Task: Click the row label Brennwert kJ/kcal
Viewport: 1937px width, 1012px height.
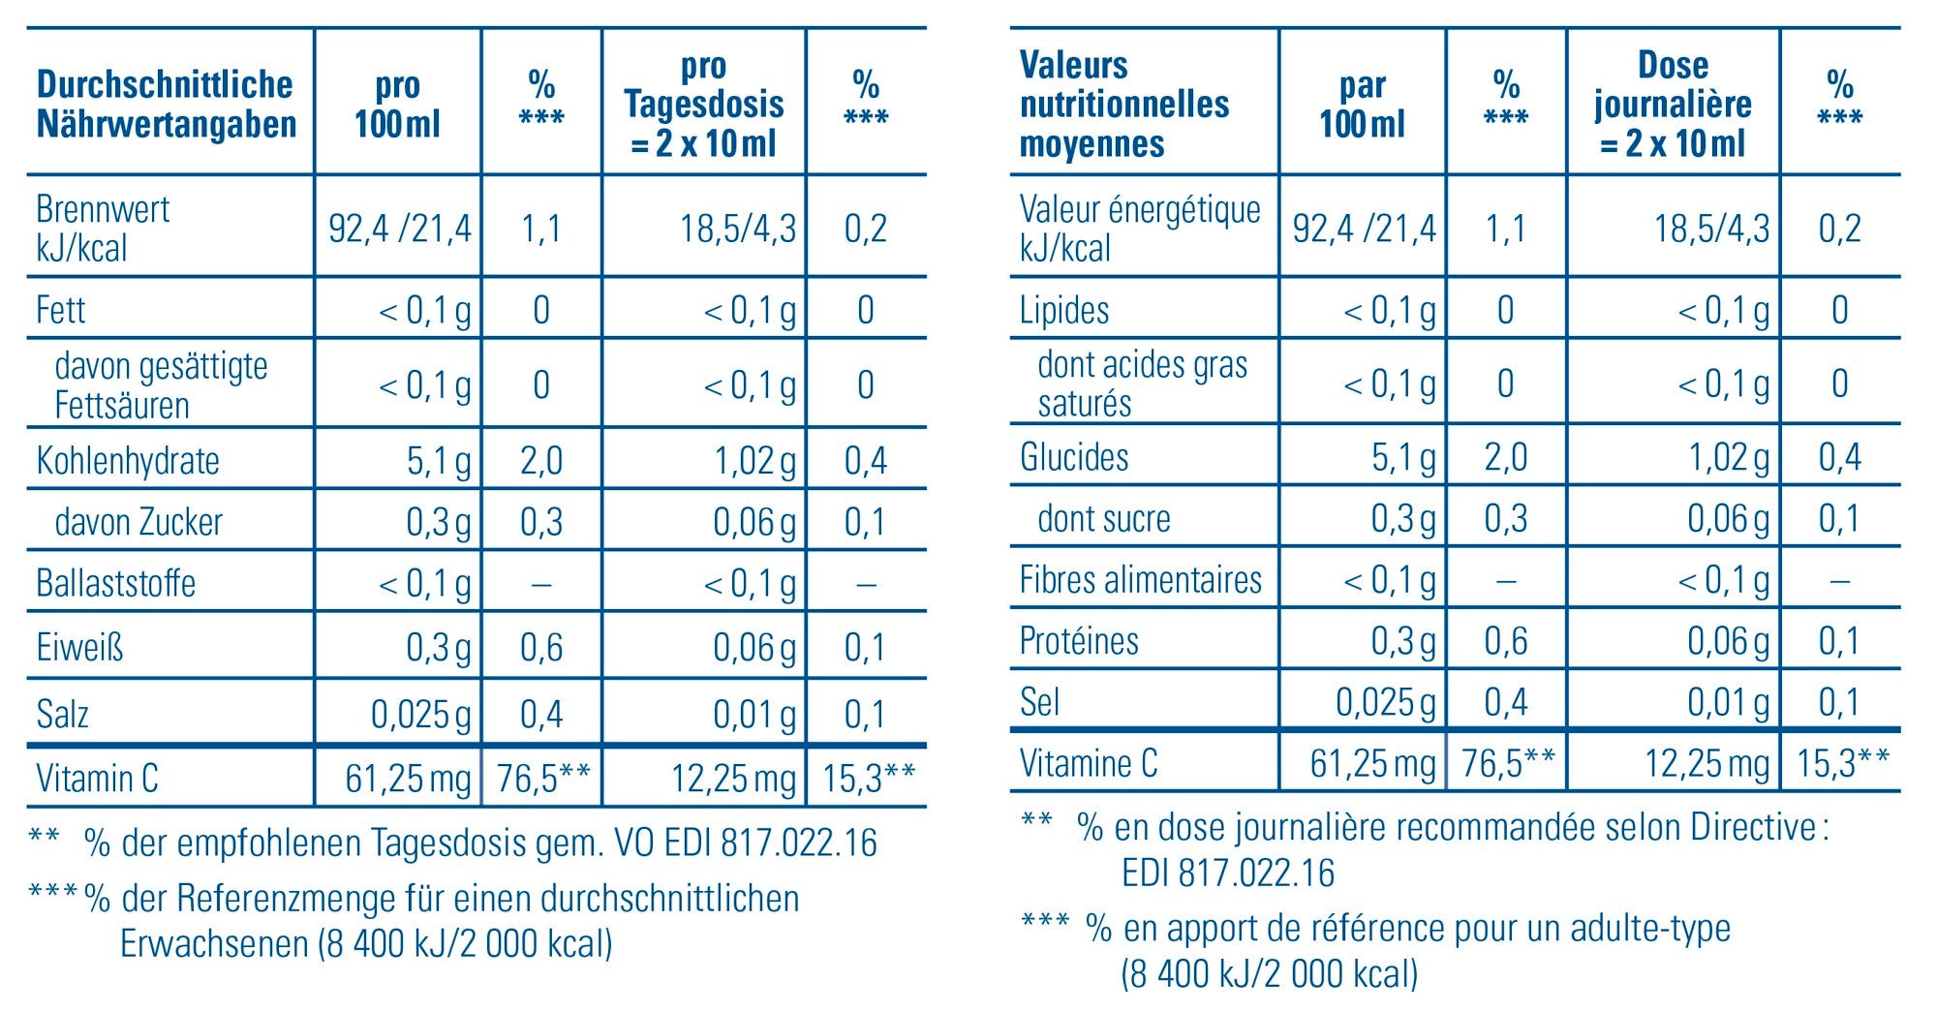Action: pos(103,229)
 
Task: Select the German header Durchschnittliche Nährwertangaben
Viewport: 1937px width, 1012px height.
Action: pos(166,105)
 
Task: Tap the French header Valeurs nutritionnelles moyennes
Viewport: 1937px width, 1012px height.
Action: pos(1123,105)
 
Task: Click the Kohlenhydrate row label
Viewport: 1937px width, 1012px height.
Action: pos(128,461)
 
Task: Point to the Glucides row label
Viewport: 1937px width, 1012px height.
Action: pos(1074,457)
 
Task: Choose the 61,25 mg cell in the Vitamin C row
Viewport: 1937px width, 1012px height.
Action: pos(408,779)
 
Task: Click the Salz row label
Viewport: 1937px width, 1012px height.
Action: pos(63,715)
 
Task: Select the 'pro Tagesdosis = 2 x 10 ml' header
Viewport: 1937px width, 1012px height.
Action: pos(704,105)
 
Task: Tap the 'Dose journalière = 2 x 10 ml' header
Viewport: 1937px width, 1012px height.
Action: pos(1673,105)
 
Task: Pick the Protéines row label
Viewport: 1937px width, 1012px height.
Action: pos(1079,641)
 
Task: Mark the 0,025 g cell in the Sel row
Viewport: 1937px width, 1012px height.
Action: pos(1386,702)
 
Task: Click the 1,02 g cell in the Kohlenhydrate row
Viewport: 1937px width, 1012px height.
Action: pos(754,461)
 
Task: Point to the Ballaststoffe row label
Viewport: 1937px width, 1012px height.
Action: pos(116,584)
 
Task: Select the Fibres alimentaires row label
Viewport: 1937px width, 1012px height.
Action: pos(1140,580)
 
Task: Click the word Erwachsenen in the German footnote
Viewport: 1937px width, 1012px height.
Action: pos(214,943)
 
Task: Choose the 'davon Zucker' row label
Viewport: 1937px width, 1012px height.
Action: pos(138,523)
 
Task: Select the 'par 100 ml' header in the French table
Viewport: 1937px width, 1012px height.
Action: pos(1362,105)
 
